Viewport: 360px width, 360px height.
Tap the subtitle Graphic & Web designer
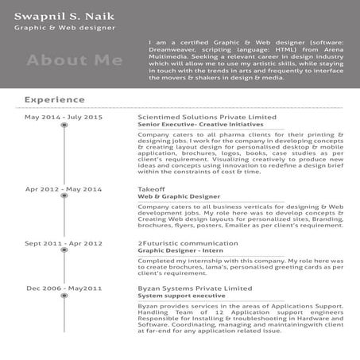tap(64, 28)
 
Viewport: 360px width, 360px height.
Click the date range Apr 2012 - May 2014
tap(64, 189)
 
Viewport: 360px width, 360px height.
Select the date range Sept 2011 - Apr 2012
tap(64, 243)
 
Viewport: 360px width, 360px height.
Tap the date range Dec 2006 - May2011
tap(64, 288)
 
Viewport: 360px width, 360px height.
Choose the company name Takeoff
tap(151, 189)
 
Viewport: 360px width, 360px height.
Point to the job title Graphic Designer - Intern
tap(180, 250)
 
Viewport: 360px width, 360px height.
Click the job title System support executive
tap(181, 296)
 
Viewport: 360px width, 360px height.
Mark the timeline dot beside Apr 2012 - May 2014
tap(64, 199)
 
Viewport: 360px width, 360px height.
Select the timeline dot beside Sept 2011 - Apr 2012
tap(64, 252)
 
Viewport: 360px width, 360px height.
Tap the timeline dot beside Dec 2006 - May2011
tap(64, 296)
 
